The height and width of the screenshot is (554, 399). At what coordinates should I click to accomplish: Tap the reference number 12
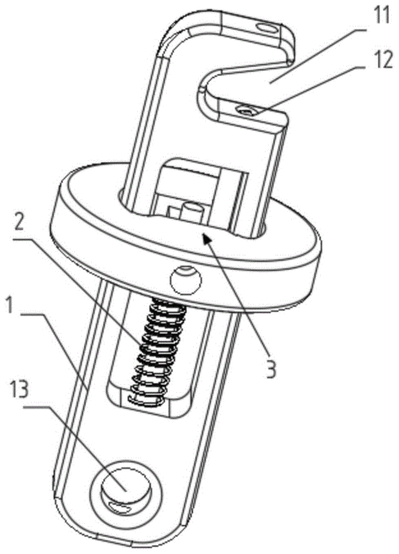tap(382, 60)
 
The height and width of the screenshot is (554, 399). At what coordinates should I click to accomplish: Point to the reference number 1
tap(9, 305)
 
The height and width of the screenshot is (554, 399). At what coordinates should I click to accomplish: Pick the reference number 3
tap(271, 368)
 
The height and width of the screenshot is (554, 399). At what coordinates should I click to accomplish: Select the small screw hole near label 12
tap(247, 112)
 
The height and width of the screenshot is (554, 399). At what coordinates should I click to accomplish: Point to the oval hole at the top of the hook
tap(267, 27)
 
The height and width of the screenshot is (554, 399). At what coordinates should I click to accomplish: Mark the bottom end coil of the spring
tap(146, 401)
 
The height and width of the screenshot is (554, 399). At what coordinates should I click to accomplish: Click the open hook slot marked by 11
tap(243, 80)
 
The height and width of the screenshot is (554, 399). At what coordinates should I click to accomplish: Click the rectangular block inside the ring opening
tap(202, 186)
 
